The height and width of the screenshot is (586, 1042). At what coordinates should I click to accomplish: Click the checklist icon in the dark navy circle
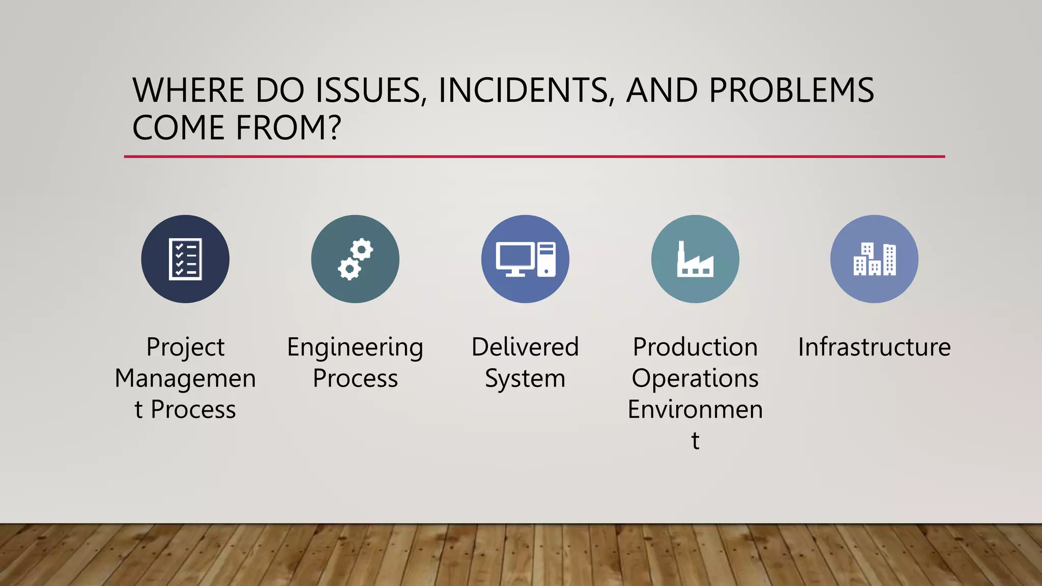pos(185,259)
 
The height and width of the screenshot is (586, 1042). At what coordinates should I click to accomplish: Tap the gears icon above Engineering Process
pos(355,259)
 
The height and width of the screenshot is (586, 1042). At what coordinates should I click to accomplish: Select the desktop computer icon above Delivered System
pos(525,259)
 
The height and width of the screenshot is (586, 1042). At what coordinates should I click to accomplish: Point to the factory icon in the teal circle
pos(695,259)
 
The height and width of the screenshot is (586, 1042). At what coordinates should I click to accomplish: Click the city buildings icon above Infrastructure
pos(874,259)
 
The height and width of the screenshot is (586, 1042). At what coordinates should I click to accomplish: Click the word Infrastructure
pos(874,347)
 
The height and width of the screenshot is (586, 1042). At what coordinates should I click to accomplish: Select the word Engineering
pos(355,348)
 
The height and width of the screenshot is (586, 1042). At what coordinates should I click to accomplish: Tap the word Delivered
pos(525,347)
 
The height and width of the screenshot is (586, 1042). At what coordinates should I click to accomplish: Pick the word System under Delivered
pos(525,379)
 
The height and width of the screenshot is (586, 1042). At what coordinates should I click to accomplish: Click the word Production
pos(695,347)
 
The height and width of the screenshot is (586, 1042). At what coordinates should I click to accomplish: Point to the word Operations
pos(695,379)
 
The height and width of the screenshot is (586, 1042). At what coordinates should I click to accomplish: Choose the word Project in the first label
pos(185,348)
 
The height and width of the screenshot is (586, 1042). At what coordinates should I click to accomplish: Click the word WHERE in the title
pos(189,91)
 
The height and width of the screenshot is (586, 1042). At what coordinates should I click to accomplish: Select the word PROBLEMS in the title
pos(791,91)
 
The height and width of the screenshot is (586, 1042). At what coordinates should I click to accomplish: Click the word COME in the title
pos(179,128)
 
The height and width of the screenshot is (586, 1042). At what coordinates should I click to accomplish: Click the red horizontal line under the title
pos(534,157)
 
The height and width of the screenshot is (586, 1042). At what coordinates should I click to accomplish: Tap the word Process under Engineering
pos(355,379)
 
